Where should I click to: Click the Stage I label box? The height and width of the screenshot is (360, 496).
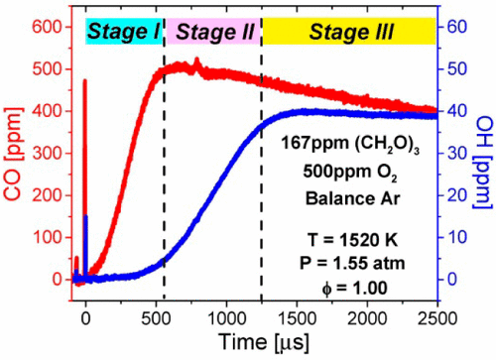[124, 32]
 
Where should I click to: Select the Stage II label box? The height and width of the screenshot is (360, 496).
[213, 32]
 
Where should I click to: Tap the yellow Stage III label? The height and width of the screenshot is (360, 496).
[350, 32]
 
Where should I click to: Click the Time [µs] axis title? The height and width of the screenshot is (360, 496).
[260, 342]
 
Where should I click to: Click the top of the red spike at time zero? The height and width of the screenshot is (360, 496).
[85, 80]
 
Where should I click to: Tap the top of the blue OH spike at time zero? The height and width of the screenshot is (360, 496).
[86, 216]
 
